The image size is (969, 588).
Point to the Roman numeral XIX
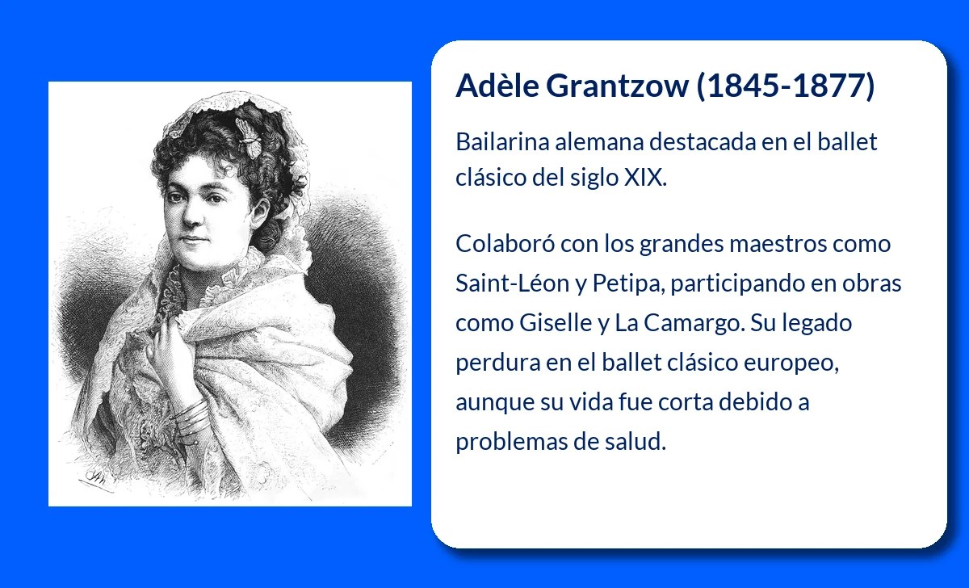pyautogui.click(x=646, y=178)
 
